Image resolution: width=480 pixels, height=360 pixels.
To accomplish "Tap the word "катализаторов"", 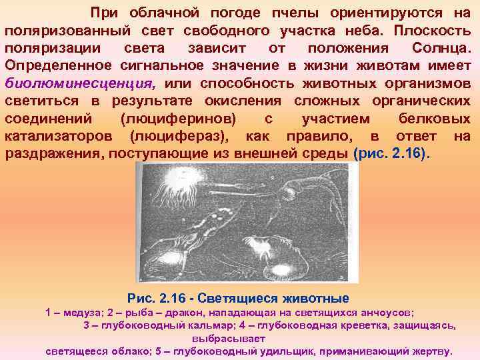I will [x=64, y=136].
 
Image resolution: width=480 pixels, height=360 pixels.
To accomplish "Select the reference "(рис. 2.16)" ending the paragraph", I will [x=393, y=153].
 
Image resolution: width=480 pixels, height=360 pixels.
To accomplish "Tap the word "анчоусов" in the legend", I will [x=383, y=312].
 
